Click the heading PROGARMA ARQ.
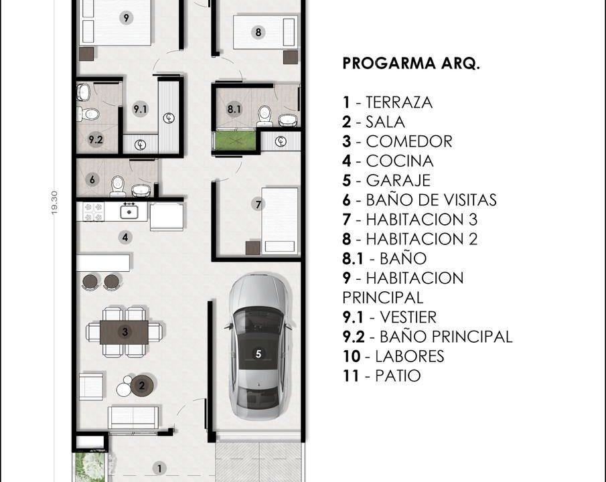point(411,64)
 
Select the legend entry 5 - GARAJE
point(386,180)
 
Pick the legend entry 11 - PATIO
point(382,376)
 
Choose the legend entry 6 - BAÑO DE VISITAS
point(419,199)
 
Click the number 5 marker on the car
point(259,354)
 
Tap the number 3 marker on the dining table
point(125,331)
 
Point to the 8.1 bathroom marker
point(233,108)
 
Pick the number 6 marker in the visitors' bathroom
point(92,179)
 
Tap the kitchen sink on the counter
point(129,212)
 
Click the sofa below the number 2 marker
point(133,416)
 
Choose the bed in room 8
point(264,31)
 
